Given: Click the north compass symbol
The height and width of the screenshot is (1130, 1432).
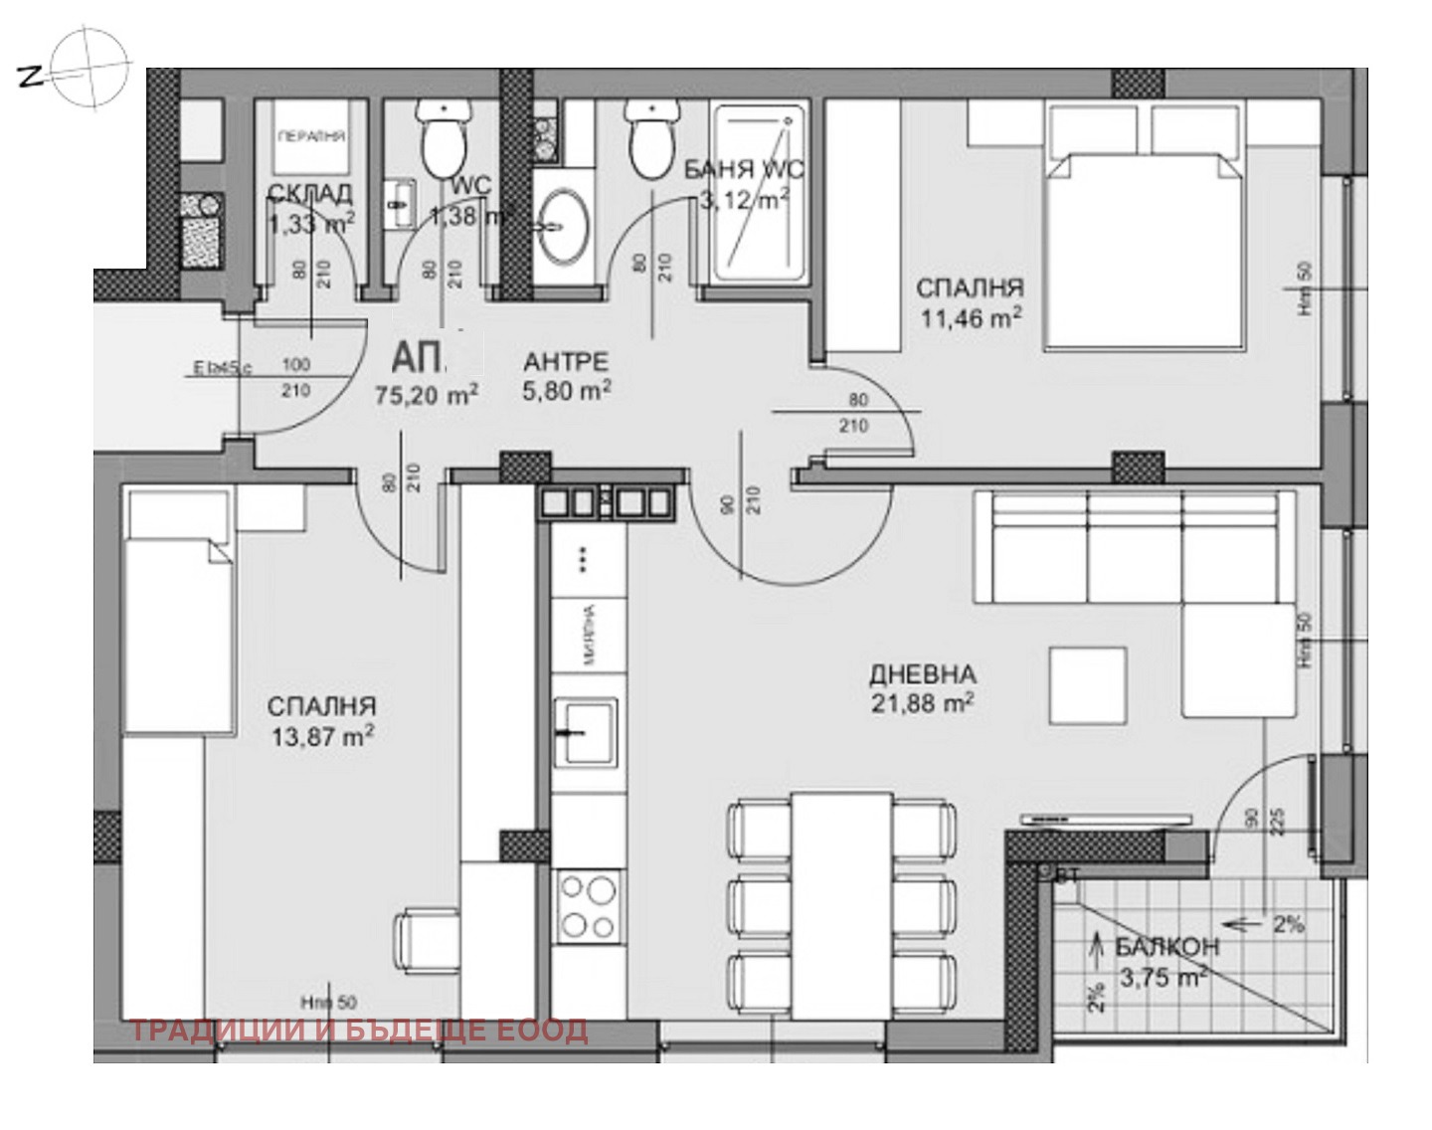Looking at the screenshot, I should click(x=90, y=67).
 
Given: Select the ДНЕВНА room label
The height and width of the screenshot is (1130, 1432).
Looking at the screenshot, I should click(x=922, y=674).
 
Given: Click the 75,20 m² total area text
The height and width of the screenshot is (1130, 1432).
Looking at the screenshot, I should click(x=426, y=394).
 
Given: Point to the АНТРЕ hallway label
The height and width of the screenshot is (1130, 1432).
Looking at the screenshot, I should click(x=566, y=362).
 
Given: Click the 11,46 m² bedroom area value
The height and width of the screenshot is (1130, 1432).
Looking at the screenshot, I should click(x=969, y=319).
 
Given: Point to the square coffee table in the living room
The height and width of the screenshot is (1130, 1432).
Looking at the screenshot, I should click(x=1088, y=684).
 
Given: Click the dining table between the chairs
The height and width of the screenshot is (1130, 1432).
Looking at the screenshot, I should click(x=842, y=905).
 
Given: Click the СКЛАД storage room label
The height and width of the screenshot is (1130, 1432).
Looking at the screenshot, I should click(x=309, y=192).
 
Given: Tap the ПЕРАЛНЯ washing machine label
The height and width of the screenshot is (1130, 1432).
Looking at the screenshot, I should click(x=311, y=137).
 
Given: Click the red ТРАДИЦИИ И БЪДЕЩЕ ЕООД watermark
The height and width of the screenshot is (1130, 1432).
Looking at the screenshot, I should click(x=359, y=1031).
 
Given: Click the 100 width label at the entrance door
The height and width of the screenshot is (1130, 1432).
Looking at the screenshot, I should click(x=296, y=365).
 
